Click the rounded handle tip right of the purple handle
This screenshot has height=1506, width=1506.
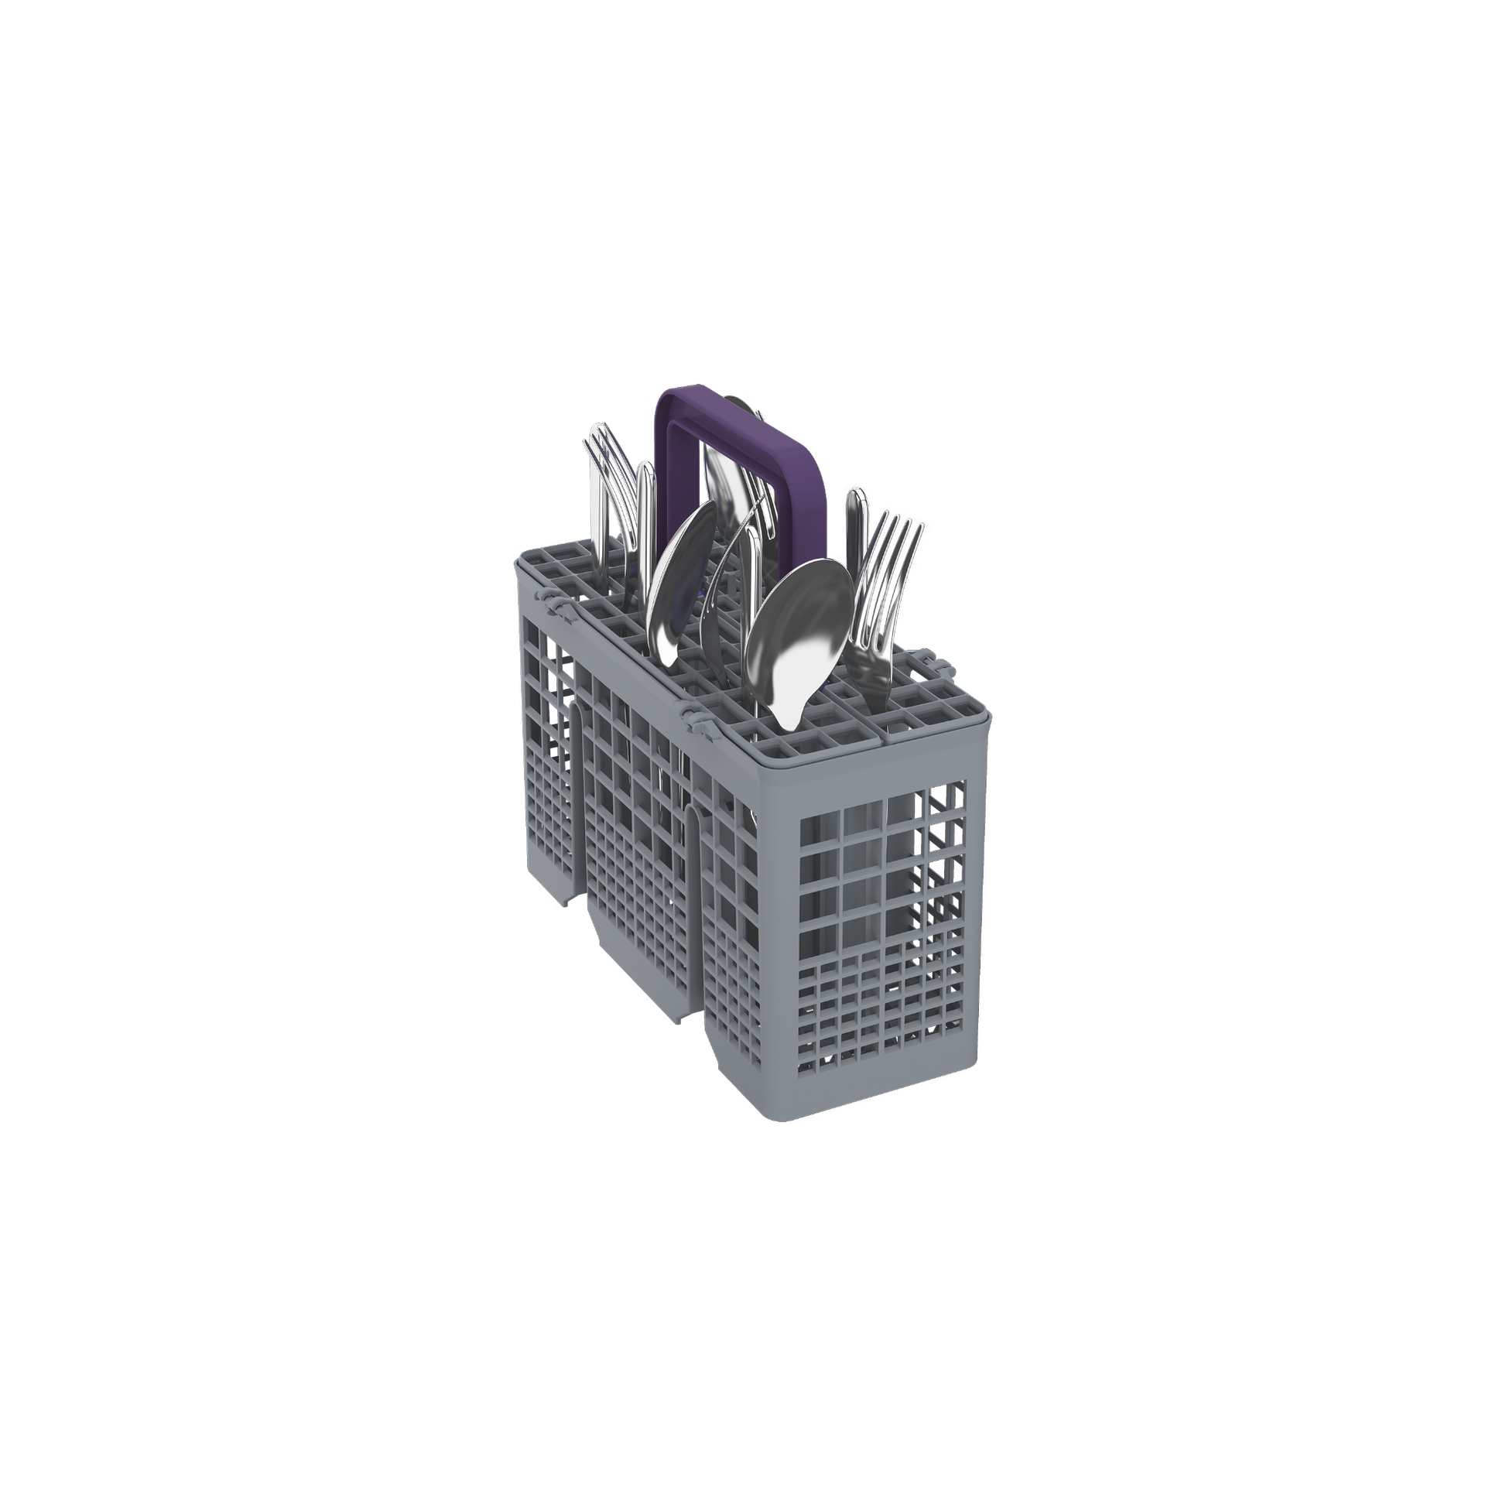point(855,515)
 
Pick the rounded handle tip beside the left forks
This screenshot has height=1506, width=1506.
point(645,499)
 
